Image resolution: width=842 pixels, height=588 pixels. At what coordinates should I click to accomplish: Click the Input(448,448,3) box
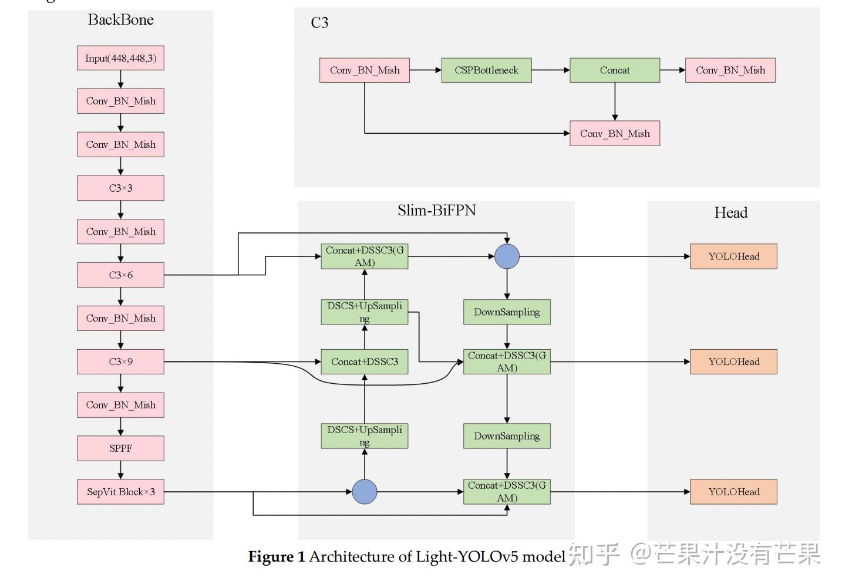tap(120, 58)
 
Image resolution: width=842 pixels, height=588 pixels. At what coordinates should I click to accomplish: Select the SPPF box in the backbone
tap(120, 448)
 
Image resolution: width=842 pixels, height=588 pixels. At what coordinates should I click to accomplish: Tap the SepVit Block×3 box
tap(120, 492)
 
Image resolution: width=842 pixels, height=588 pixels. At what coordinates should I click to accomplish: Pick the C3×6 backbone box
tap(120, 275)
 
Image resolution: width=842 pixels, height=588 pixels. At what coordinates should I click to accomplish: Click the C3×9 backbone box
tap(120, 361)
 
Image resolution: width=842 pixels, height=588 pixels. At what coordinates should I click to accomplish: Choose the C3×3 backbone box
tap(120, 188)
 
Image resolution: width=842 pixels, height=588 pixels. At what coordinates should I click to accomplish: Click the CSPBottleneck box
tap(486, 70)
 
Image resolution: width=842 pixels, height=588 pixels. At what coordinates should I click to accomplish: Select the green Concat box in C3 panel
tap(614, 70)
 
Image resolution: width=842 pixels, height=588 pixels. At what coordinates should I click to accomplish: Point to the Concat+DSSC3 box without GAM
tap(364, 361)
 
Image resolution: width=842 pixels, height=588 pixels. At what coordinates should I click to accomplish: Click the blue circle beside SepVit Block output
tap(365, 492)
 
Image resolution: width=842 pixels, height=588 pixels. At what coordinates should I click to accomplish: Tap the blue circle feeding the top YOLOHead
tap(507, 256)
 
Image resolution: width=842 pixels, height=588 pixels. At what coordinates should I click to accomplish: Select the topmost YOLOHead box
tap(733, 256)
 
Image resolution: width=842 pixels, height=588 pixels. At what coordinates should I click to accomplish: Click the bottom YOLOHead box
tap(733, 492)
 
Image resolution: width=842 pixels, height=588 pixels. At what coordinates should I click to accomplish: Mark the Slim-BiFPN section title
tap(436, 211)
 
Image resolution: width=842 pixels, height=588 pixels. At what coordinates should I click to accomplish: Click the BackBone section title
tap(120, 20)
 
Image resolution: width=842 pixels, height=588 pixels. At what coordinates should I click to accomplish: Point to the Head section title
tap(730, 212)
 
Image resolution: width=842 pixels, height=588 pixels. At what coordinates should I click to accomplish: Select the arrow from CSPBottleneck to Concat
tap(550, 70)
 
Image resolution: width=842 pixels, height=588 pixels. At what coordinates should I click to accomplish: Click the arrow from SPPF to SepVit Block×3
tap(120, 470)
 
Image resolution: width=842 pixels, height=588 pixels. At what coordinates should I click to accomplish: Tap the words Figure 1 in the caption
tap(276, 556)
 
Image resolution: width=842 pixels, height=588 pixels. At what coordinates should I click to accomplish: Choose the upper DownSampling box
tap(507, 312)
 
